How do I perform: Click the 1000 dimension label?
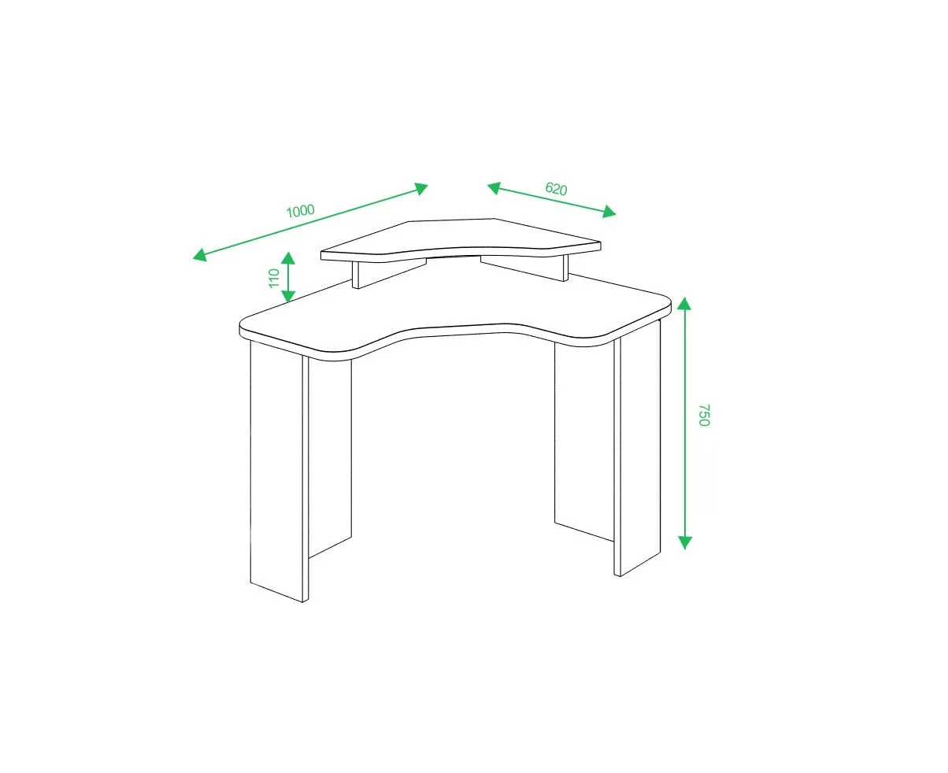tap(300, 210)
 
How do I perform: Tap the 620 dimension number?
tap(556, 189)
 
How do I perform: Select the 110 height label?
tap(274, 278)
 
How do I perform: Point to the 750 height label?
tap(704, 415)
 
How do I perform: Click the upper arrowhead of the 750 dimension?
tap(684, 304)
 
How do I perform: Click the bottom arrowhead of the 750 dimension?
tap(684, 542)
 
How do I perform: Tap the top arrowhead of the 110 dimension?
tap(288, 258)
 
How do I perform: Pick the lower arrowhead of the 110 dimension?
tap(288, 296)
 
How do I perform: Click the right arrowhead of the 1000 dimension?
tap(420, 189)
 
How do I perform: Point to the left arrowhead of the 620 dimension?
tap(494, 188)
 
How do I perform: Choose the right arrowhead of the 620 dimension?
tap(609, 211)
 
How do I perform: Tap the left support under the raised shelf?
tap(389, 273)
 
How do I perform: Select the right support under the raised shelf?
tap(524, 268)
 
